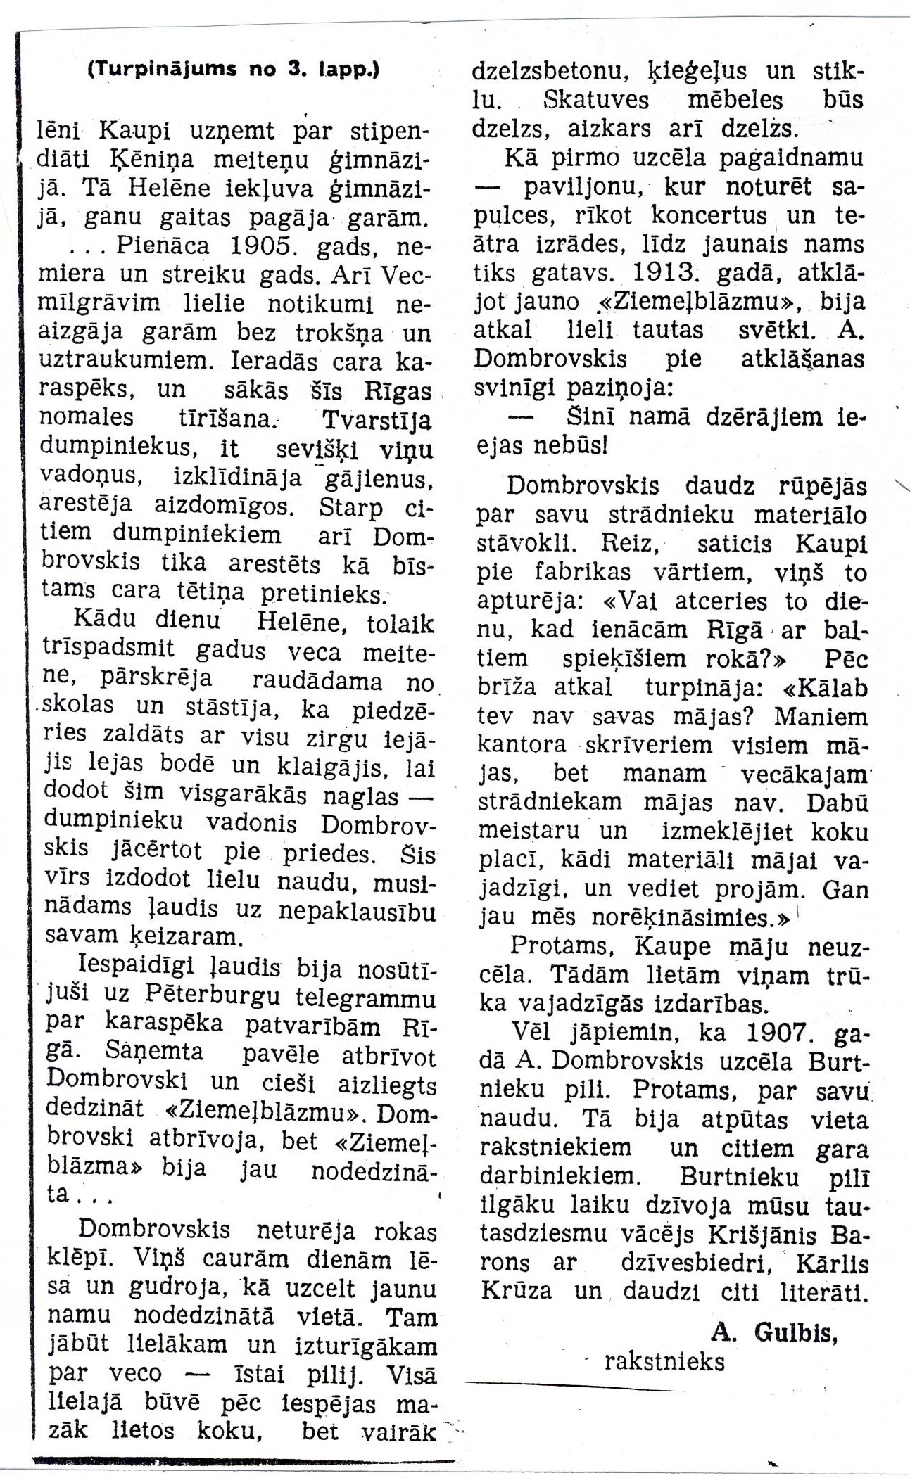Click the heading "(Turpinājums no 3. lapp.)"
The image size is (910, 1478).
click(233, 70)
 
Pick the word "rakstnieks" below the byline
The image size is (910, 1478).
click(664, 1362)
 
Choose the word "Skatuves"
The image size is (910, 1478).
click(597, 100)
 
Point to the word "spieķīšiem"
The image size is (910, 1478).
click(624, 659)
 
